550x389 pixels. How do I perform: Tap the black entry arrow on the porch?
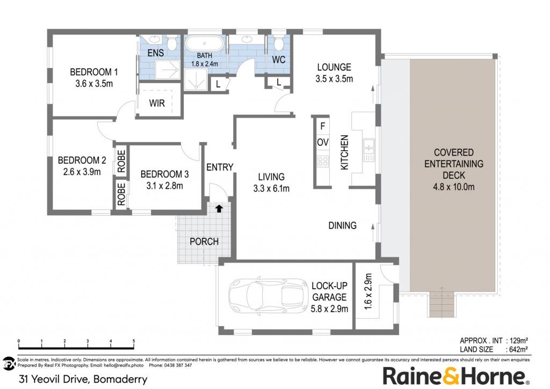[x=219, y=209]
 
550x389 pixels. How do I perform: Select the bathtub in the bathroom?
[x=205, y=44]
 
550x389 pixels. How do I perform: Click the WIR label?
[x=157, y=103]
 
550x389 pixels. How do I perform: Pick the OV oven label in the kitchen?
[x=323, y=142]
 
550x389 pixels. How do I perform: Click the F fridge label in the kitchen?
[x=323, y=126]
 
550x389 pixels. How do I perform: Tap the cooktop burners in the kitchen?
[x=323, y=161]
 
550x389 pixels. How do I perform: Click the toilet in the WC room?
[x=279, y=43]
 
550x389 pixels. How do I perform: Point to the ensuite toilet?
[x=171, y=43]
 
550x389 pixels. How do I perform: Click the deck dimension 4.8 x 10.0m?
[x=453, y=187]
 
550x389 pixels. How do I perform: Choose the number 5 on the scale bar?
[x=134, y=341]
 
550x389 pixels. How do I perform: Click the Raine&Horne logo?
[x=455, y=376]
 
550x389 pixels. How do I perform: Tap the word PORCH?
[x=204, y=241]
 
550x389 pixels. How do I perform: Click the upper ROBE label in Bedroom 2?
[x=121, y=161]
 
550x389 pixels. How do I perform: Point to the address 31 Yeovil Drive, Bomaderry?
[x=83, y=379]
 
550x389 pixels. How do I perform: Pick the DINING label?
[x=342, y=225]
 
